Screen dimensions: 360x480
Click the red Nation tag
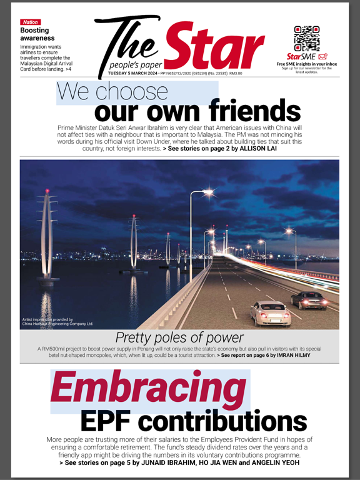click(x=31, y=22)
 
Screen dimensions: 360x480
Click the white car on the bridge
click(x=271, y=312)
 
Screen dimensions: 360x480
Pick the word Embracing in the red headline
click(x=149, y=389)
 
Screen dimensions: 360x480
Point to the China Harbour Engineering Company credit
click(x=57, y=324)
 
